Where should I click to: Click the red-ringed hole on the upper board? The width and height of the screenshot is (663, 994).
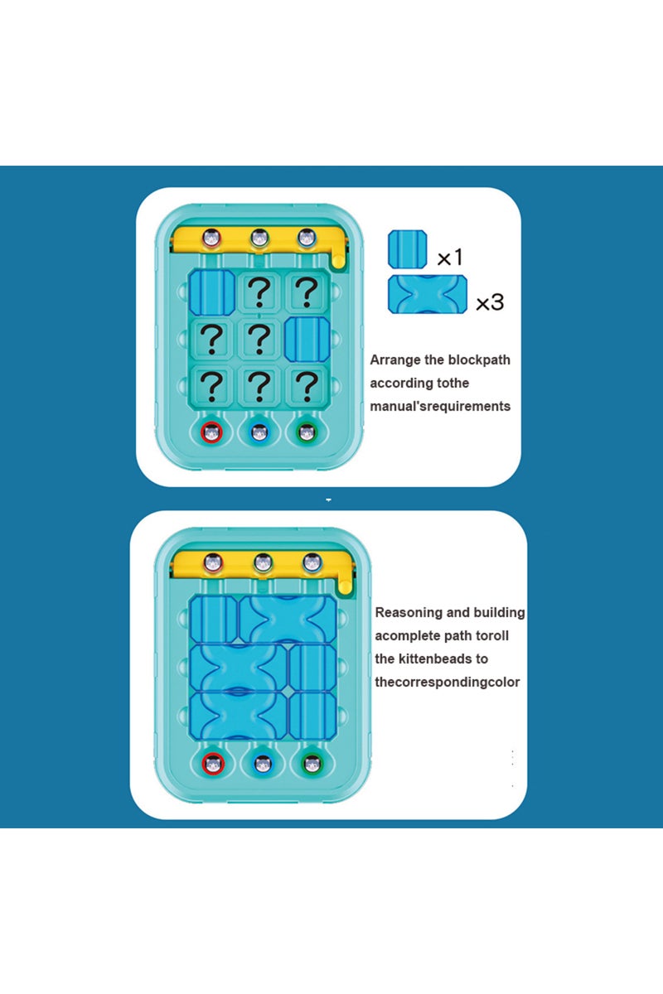(x=212, y=432)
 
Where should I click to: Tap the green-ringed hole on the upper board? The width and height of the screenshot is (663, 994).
(x=307, y=432)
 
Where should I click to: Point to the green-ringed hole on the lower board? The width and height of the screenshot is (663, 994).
(x=312, y=762)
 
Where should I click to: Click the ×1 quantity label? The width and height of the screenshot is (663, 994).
(x=449, y=257)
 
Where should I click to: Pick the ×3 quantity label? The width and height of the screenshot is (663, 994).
(x=489, y=302)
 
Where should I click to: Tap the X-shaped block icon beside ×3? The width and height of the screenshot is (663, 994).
(x=427, y=296)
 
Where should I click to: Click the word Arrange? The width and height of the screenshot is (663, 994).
(x=395, y=360)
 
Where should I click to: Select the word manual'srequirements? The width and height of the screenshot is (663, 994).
(x=440, y=406)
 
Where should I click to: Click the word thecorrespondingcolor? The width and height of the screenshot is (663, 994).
(x=447, y=682)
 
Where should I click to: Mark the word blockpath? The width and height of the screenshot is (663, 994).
(x=479, y=359)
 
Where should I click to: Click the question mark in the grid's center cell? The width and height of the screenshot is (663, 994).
(x=259, y=338)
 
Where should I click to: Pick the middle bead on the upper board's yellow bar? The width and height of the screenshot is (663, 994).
(x=259, y=239)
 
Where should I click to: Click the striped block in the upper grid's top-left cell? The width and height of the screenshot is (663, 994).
(x=212, y=292)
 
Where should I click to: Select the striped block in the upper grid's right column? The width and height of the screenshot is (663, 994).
(x=307, y=339)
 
